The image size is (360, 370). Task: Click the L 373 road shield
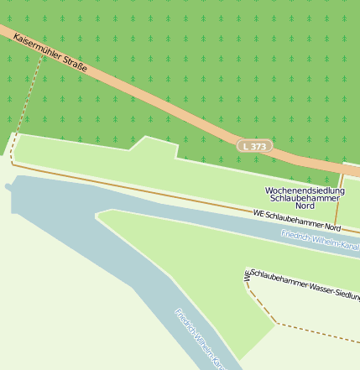point(254,146)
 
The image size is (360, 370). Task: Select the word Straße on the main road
point(73,62)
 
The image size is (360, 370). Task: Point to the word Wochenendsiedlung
point(305,191)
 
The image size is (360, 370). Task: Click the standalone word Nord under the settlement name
point(305,206)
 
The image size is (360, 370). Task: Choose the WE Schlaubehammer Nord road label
point(297,221)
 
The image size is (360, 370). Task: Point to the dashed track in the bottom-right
point(319,330)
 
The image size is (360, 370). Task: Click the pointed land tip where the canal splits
point(98,216)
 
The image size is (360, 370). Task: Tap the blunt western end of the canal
point(9,185)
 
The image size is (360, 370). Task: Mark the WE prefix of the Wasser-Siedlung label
point(248,274)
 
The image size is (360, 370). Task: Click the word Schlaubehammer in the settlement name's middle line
point(305,198)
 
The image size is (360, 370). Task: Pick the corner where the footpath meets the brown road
point(12,164)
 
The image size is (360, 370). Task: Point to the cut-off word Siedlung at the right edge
point(347,294)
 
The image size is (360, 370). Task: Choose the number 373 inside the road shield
point(258,146)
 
